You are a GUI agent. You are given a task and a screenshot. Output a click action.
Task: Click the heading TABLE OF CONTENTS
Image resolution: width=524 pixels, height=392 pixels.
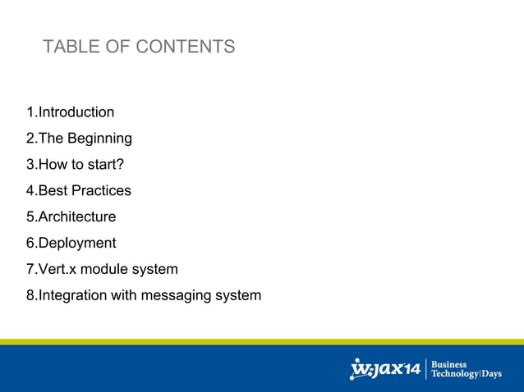[x=139, y=47]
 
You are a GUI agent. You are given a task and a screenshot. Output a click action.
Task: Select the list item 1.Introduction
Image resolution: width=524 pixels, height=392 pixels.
[x=70, y=112]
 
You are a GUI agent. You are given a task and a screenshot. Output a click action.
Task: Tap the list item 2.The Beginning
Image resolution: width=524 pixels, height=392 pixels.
[x=79, y=139]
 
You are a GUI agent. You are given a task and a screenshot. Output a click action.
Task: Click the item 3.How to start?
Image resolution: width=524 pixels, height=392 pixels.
[x=75, y=165]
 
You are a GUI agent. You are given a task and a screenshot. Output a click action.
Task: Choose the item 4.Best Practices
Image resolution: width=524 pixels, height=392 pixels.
[x=78, y=191]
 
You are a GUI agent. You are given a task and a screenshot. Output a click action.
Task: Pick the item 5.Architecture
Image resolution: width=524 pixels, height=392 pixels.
[x=71, y=217]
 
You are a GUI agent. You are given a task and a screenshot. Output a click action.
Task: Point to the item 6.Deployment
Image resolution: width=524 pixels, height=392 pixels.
[x=71, y=244]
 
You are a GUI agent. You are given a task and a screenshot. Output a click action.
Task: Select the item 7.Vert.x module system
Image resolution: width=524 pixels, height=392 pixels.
[x=102, y=270]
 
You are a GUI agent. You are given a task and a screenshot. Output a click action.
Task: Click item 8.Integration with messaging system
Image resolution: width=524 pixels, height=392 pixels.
[x=144, y=295]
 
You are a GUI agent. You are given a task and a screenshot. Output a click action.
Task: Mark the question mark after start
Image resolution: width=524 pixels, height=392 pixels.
[x=120, y=165]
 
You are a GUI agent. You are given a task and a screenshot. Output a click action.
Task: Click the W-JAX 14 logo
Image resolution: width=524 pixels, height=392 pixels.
[x=385, y=369]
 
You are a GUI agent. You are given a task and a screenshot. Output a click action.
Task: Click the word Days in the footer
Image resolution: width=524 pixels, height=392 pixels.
[x=491, y=375]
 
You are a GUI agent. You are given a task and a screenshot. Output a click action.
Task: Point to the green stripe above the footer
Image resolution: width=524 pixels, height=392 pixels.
[x=262, y=341]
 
